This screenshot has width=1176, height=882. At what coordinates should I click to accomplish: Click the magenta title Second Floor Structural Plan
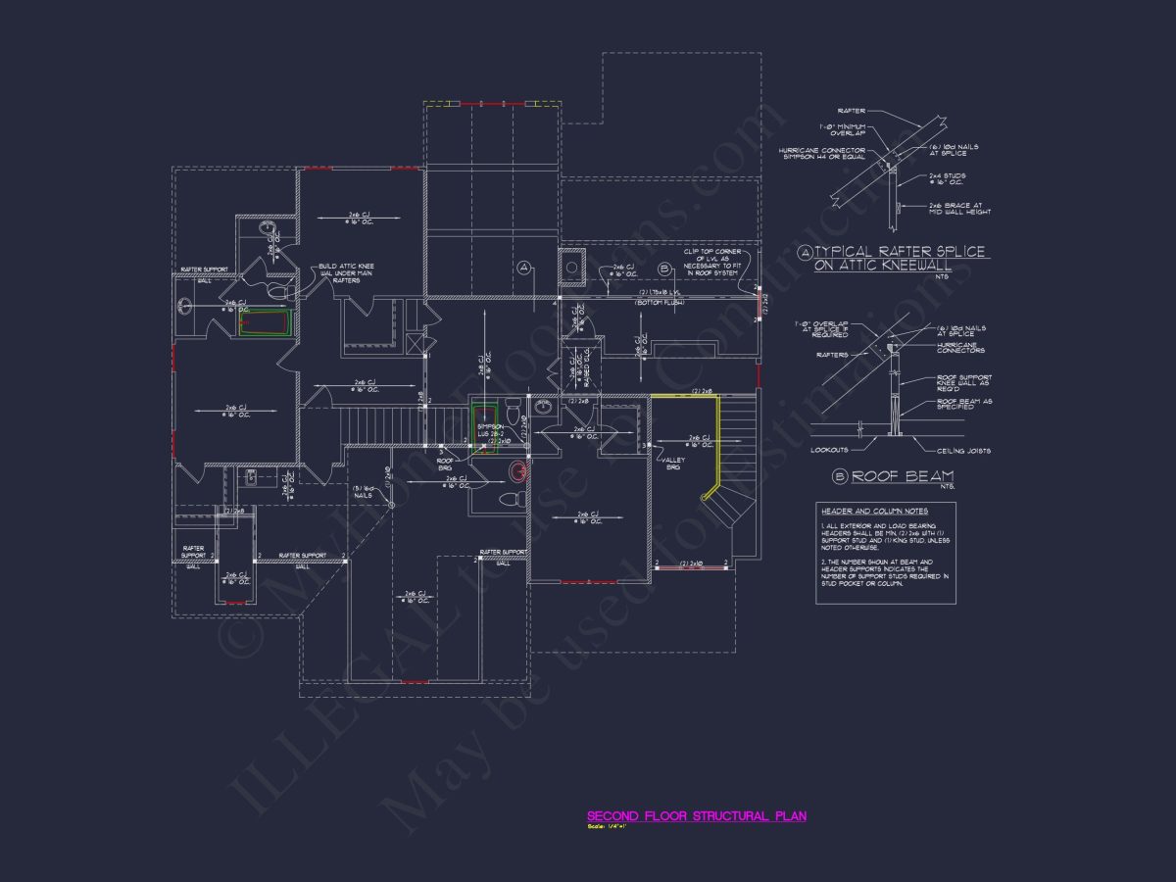point(696,815)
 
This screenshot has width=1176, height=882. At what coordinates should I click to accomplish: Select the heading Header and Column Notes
point(874,511)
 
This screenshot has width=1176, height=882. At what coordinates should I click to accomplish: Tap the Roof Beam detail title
point(889,476)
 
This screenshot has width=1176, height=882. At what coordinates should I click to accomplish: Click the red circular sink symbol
point(516,472)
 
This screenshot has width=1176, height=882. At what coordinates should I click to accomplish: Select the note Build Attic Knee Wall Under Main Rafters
point(344,273)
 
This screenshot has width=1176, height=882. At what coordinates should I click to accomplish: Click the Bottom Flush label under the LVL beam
point(659,303)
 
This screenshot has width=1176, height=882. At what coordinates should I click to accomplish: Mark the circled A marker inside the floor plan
point(523,267)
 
